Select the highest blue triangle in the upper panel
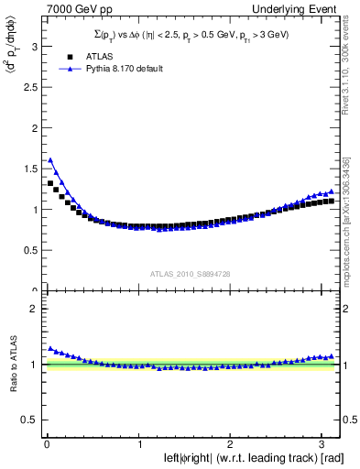(50, 159)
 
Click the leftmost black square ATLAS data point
(50, 183)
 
